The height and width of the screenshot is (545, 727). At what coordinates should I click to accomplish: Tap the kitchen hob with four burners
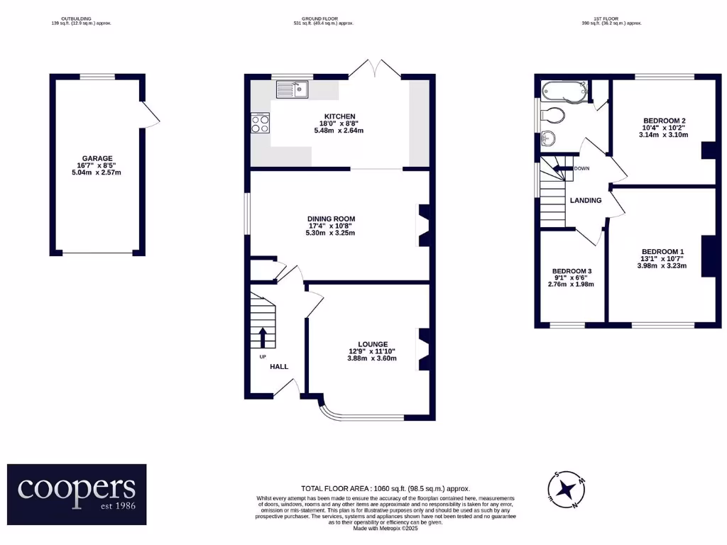[x=261, y=124]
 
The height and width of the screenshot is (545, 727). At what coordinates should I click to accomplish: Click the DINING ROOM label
[x=330, y=219]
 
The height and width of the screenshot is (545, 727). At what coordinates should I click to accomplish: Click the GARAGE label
[x=97, y=158]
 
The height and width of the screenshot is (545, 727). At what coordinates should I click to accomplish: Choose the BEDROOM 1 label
[x=662, y=252]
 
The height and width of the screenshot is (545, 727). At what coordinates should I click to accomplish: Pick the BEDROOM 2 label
[x=664, y=121]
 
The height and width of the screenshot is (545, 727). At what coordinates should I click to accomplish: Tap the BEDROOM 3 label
[x=572, y=271]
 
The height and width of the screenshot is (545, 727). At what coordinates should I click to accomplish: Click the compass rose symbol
[x=566, y=489]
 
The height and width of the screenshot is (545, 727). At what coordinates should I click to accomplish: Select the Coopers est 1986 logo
[x=77, y=494]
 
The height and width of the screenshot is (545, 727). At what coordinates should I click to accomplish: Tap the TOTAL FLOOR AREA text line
[x=386, y=488]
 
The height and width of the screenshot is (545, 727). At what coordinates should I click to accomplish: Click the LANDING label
[x=586, y=200]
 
